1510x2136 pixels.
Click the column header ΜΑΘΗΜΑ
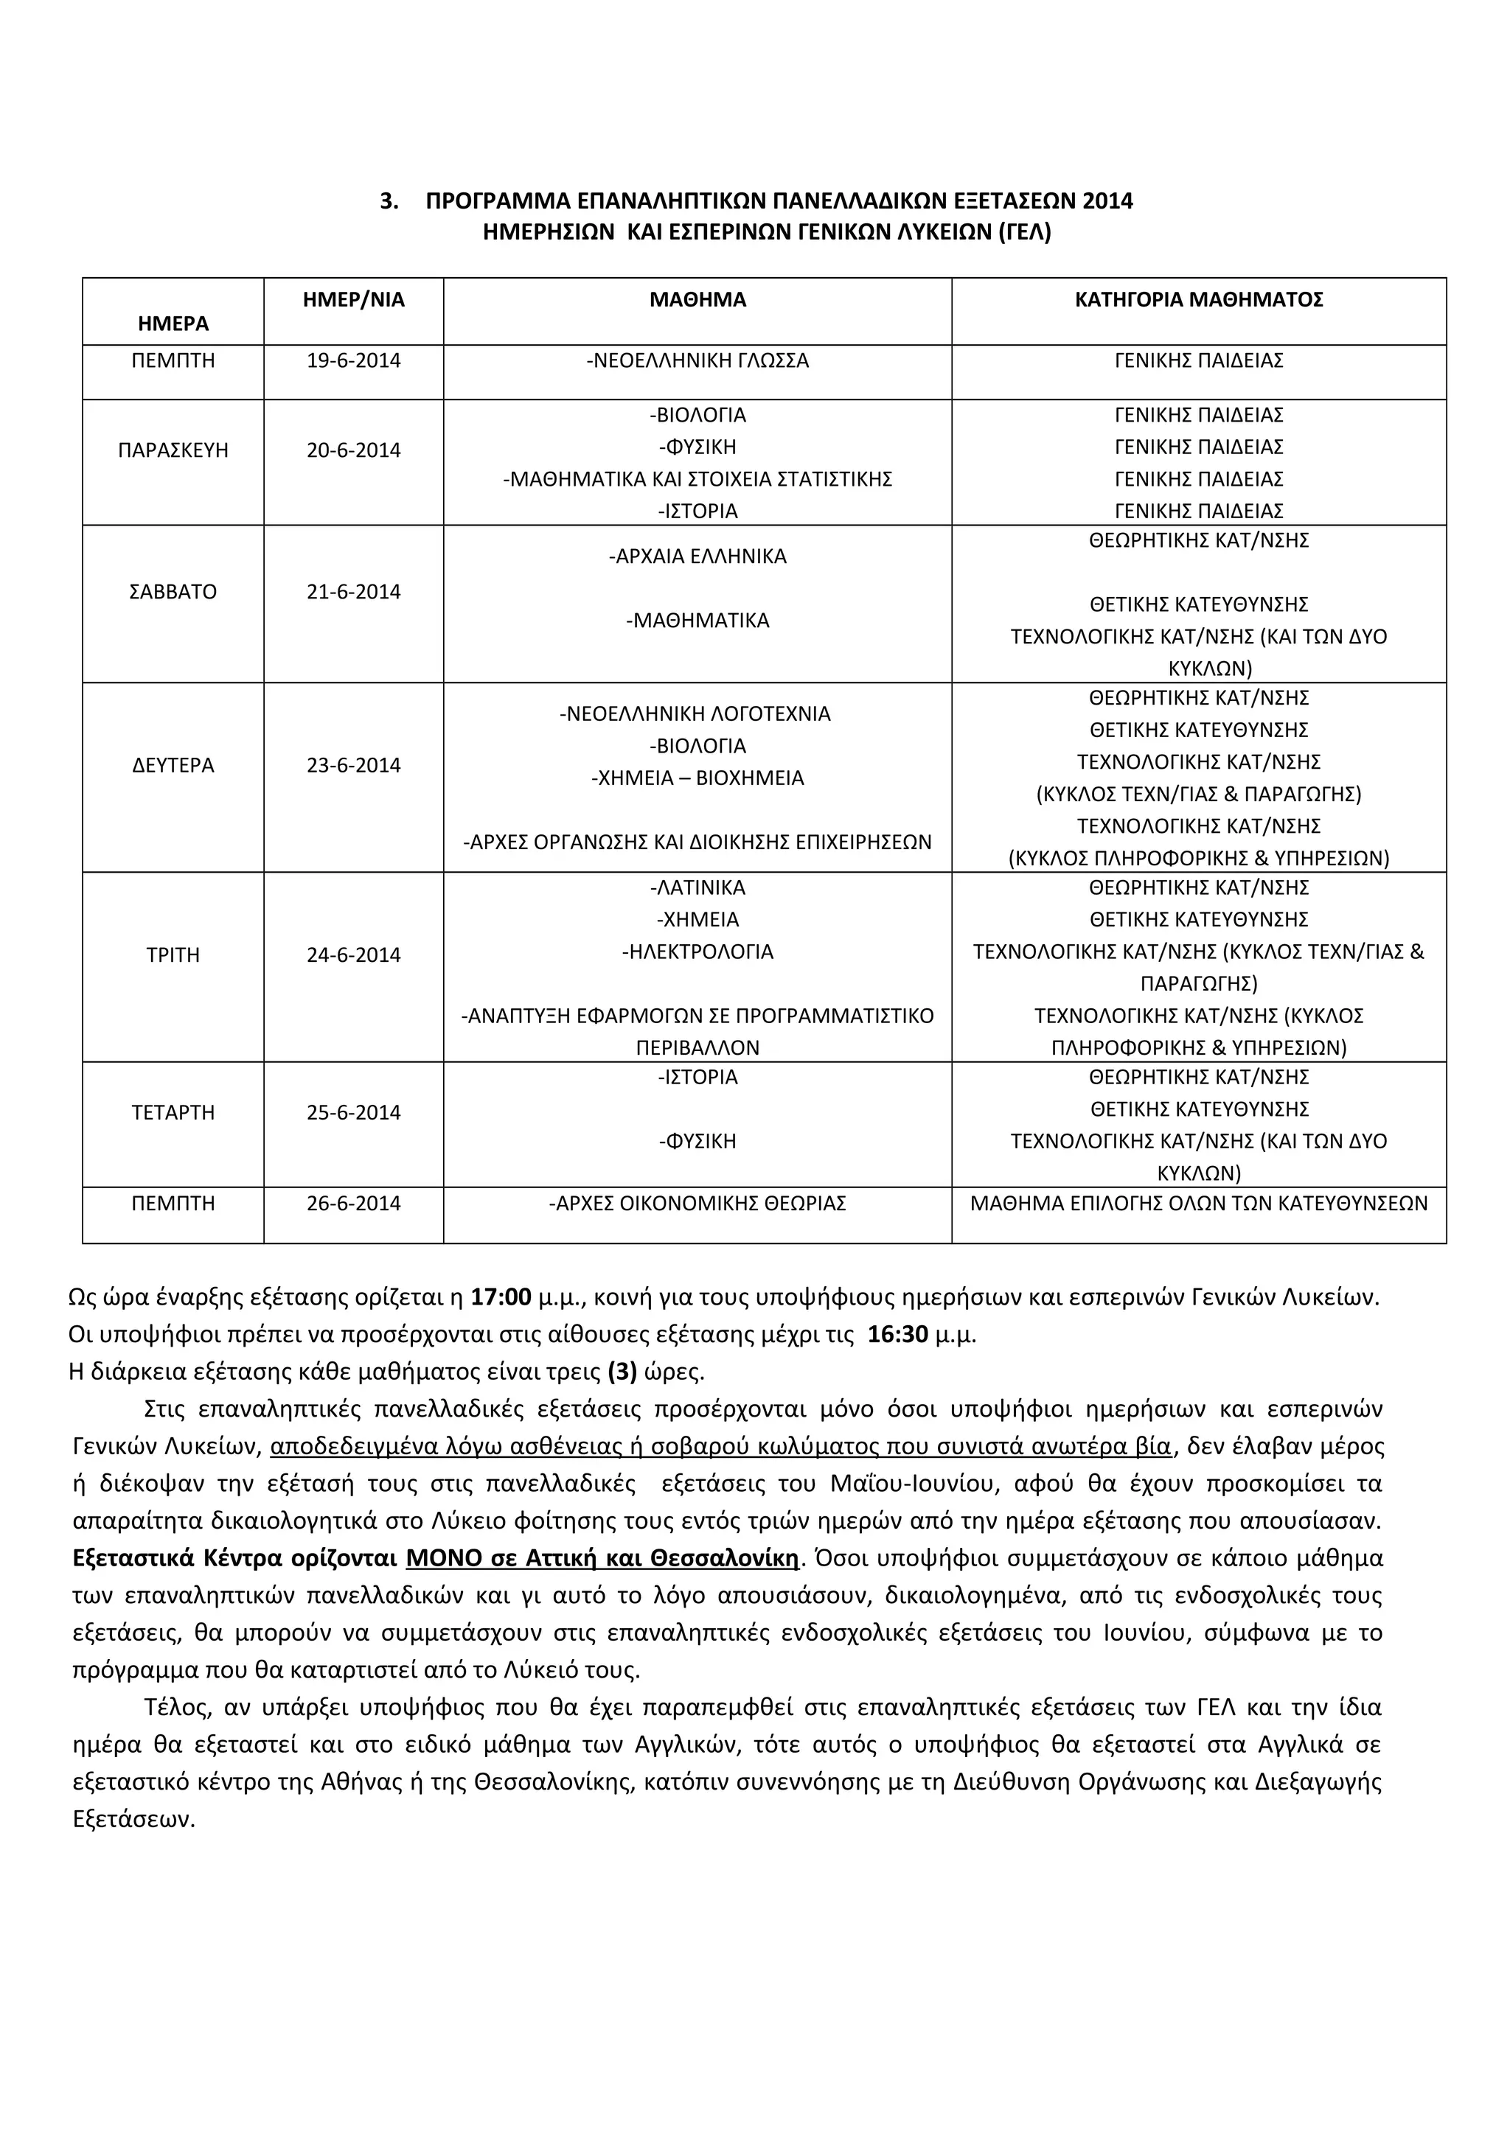pos(697,299)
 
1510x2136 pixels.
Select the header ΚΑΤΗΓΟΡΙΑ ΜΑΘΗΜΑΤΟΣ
pos(1198,299)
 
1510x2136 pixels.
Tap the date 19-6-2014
pos(354,361)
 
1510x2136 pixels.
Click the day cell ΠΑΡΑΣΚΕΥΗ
pos(173,450)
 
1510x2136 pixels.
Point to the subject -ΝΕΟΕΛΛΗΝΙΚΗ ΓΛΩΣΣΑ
pos(697,361)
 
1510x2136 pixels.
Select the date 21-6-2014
pos(354,592)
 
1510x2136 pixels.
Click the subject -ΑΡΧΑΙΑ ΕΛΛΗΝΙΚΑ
pos(697,556)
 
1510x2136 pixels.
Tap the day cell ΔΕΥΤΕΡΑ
pos(173,766)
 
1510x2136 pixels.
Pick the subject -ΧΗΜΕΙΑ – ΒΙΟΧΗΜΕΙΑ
pos(697,778)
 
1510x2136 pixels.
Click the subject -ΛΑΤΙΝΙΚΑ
pos(697,887)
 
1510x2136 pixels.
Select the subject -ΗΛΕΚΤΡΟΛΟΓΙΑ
pos(697,952)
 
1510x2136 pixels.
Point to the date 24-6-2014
pos(354,955)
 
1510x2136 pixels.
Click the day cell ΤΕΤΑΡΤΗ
pos(173,1113)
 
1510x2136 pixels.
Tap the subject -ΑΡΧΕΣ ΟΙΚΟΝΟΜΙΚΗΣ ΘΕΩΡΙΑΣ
pos(697,1204)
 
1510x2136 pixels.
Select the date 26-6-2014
pos(354,1204)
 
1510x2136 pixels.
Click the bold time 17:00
pos(501,1297)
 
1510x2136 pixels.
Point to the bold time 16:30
pos(898,1335)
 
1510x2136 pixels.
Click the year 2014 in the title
pos(1107,201)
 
